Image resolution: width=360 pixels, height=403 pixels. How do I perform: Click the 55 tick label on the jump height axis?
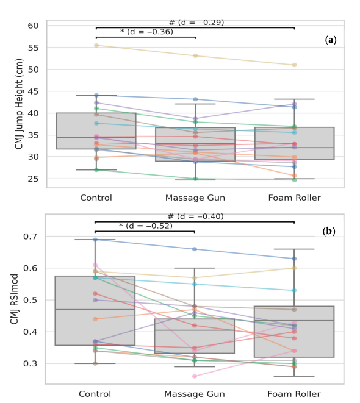33,48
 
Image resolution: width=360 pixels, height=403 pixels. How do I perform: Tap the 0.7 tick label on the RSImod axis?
31,236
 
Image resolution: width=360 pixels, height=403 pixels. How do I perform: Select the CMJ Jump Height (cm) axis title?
19,104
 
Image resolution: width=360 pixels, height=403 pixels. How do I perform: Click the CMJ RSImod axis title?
15,299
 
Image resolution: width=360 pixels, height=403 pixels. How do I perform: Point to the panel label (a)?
331,40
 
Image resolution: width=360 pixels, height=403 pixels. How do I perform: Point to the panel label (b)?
329,232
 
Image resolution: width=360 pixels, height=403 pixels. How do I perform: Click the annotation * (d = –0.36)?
146,32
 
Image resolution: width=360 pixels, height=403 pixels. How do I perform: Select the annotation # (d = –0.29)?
196,23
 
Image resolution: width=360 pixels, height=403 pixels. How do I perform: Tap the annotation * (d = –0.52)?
146,226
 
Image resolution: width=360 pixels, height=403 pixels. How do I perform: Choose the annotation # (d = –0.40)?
195,216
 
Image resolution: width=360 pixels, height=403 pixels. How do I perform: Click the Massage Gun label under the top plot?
195,198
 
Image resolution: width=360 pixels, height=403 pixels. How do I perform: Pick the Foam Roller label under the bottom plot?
294,394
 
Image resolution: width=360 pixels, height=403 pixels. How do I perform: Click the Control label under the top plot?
96,198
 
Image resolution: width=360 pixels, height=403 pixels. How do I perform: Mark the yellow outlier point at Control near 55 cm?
96,45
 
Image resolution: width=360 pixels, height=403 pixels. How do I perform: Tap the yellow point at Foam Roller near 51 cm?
295,65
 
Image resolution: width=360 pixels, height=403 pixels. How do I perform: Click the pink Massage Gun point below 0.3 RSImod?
195,376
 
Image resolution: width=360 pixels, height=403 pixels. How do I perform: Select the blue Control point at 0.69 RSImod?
95,240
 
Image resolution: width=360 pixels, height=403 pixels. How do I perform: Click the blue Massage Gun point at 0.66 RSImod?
195,249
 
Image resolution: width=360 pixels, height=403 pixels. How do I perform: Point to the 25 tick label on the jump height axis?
33,179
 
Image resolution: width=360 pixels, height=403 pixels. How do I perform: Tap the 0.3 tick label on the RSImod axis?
31,364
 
